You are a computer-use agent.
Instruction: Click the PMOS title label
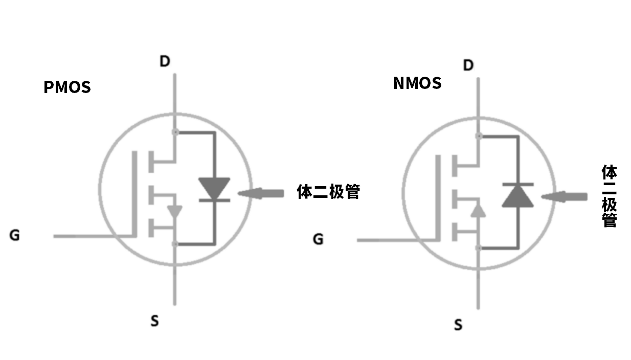[67, 87]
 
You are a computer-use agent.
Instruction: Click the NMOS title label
[417, 83]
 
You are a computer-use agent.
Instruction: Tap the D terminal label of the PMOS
[165, 62]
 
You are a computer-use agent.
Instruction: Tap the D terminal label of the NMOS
[468, 65]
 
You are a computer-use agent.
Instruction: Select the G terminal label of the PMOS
[15, 236]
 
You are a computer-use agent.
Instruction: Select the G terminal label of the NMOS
[318, 239]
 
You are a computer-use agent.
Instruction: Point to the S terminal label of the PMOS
[154, 321]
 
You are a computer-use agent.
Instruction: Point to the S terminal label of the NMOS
[458, 325]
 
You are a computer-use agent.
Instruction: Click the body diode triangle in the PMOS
[214, 188]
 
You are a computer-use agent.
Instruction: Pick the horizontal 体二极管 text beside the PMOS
[328, 192]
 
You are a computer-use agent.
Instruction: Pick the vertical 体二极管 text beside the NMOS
[609, 196]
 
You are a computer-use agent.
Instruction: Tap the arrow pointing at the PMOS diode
[261, 193]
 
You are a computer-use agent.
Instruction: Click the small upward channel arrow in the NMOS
[478, 210]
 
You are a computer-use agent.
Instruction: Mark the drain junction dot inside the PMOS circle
[175, 132]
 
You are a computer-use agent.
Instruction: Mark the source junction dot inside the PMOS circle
[175, 244]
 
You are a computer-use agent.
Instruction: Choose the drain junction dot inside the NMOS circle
[479, 136]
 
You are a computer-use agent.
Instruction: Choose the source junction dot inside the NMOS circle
[479, 248]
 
